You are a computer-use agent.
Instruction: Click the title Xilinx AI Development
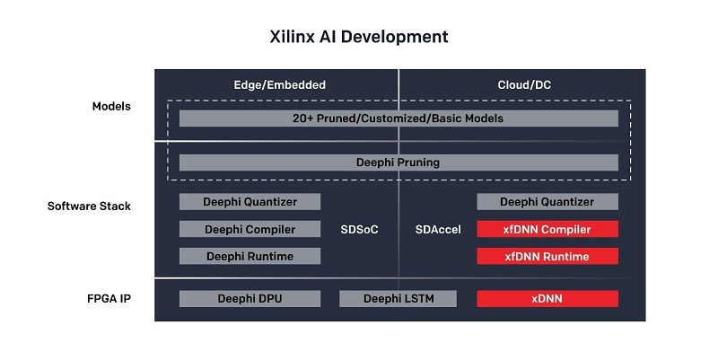pyautogui.click(x=358, y=37)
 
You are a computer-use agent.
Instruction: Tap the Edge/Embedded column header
pyautogui.click(x=279, y=85)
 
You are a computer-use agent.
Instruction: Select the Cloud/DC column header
pyautogui.click(x=524, y=85)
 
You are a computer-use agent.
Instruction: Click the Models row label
pyautogui.click(x=111, y=106)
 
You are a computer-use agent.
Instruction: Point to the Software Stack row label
pyautogui.click(x=89, y=206)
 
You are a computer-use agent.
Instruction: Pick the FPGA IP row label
pyautogui.click(x=109, y=299)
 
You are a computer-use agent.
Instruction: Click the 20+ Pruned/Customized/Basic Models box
pyautogui.click(x=398, y=119)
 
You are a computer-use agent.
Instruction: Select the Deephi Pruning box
pyautogui.click(x=398, y=162)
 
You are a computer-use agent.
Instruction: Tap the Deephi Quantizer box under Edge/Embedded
pyautogui.click(x=250, y=202)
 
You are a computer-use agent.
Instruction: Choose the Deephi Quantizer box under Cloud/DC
pyautogui.click(x=547, y=202)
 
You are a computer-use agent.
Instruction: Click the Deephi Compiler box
pyautogui.click(x=250, y=229)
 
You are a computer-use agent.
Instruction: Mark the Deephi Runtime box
pyautogui.click(x=250, y=256)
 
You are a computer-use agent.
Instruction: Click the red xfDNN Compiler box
pyautogui.click(x=547, y=229)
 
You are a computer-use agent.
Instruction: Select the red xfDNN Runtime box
pyautogui.click(x=547, y=256)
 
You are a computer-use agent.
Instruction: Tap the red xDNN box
pyautogui.click(x=547, y=299)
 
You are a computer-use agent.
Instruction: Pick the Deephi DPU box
pyautogui.click(x=250, y=299)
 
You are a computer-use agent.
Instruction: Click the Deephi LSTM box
pyautogui.click(x=398, y=299)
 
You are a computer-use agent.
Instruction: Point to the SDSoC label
pyautogui.click(x=360, y=230)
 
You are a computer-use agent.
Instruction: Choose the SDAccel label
pyautogui.click(x=438, y=230)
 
